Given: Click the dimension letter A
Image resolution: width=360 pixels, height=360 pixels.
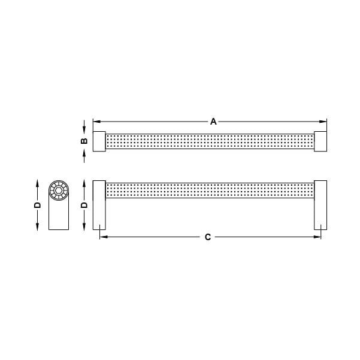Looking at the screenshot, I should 213,121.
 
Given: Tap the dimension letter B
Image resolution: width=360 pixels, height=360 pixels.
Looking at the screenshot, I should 84,141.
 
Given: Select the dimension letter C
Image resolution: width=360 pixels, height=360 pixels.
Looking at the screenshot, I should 207,237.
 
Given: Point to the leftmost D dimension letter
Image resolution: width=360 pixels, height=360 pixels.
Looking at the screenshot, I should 37,204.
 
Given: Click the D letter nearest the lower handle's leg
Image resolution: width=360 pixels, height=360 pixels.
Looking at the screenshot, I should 84,204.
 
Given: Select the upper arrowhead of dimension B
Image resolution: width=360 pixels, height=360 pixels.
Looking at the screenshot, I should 84,128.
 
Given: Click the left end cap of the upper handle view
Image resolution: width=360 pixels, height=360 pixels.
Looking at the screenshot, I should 99,141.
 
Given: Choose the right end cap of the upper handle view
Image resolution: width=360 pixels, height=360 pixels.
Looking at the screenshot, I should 320,141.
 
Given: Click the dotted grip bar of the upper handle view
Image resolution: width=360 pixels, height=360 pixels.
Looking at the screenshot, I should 210,141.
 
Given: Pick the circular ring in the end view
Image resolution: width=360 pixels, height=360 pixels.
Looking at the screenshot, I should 58,191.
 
